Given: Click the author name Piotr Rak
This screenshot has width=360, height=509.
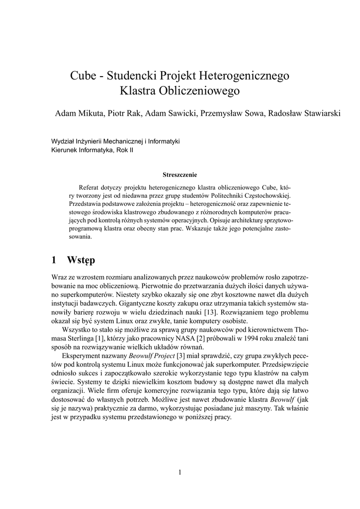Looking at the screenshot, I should click(123, 113).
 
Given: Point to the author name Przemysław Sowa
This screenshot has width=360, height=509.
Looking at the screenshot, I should click(231, 113).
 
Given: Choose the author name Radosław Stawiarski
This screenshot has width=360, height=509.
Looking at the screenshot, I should click(304, 113).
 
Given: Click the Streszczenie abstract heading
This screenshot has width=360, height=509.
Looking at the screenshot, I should click(180, 174).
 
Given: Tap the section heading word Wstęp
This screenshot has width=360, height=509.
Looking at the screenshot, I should click(80, 260).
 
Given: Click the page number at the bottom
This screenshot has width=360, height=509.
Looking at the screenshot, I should click(180, 472).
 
